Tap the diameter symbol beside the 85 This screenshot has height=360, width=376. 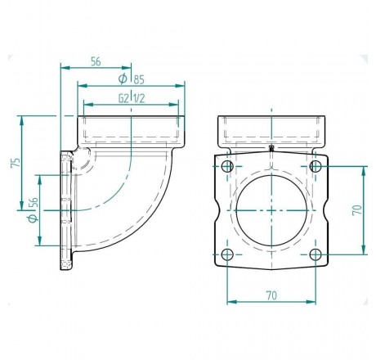point(123,79)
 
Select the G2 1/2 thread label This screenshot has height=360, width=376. point(131,98)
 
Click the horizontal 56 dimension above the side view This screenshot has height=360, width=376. point(96,61)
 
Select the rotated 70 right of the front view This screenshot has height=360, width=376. point(356,209)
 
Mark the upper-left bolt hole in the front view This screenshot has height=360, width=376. point(228,166)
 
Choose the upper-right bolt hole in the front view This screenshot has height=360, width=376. point(316,166)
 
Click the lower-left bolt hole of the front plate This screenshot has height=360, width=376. point(228,254)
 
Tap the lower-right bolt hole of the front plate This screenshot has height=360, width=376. point(316,254)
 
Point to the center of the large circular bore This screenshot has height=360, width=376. point(271,209)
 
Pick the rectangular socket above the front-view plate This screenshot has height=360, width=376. point(272,129)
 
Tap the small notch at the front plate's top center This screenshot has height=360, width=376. point(271,149)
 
